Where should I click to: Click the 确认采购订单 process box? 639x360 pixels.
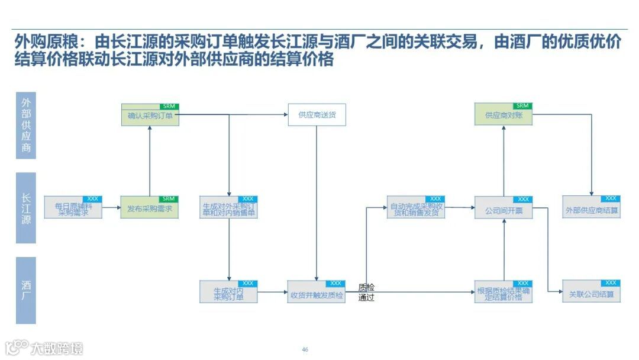coord(150,116)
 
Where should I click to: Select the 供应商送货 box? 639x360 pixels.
coord(317,115)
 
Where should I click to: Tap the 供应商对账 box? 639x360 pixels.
coord(504,115)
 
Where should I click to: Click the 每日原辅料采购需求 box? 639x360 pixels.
coord(73,210)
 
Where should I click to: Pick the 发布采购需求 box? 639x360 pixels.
coord(150,209)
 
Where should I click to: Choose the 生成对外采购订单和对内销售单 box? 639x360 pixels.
coord(228,210)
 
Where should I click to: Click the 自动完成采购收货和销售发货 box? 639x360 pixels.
coord(415,210)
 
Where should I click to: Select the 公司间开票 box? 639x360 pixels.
coord(504,210)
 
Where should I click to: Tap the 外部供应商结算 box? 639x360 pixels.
coord(591,210)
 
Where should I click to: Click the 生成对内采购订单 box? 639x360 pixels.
coord(228,294)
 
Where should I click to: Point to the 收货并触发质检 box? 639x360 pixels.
coord(317,294)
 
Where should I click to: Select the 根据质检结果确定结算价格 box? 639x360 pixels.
coord(504,294)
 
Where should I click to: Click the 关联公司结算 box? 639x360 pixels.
coord(591,294)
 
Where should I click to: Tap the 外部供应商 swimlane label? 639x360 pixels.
coord(26,125)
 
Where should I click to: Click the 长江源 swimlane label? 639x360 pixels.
coord(26,208)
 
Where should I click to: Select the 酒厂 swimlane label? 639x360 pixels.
coord(26,290)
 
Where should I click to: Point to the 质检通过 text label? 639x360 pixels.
coord(366,292)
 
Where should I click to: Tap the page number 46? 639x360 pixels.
coord(305,349)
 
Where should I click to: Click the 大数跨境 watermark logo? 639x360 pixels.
coord(44,348)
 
